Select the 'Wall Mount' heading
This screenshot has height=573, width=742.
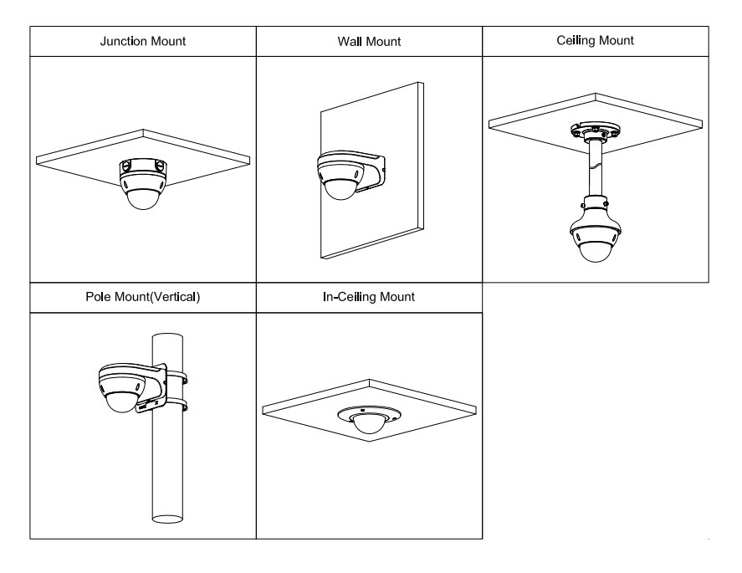(368, 43)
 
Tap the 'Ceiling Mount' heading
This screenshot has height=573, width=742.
(595, 41)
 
